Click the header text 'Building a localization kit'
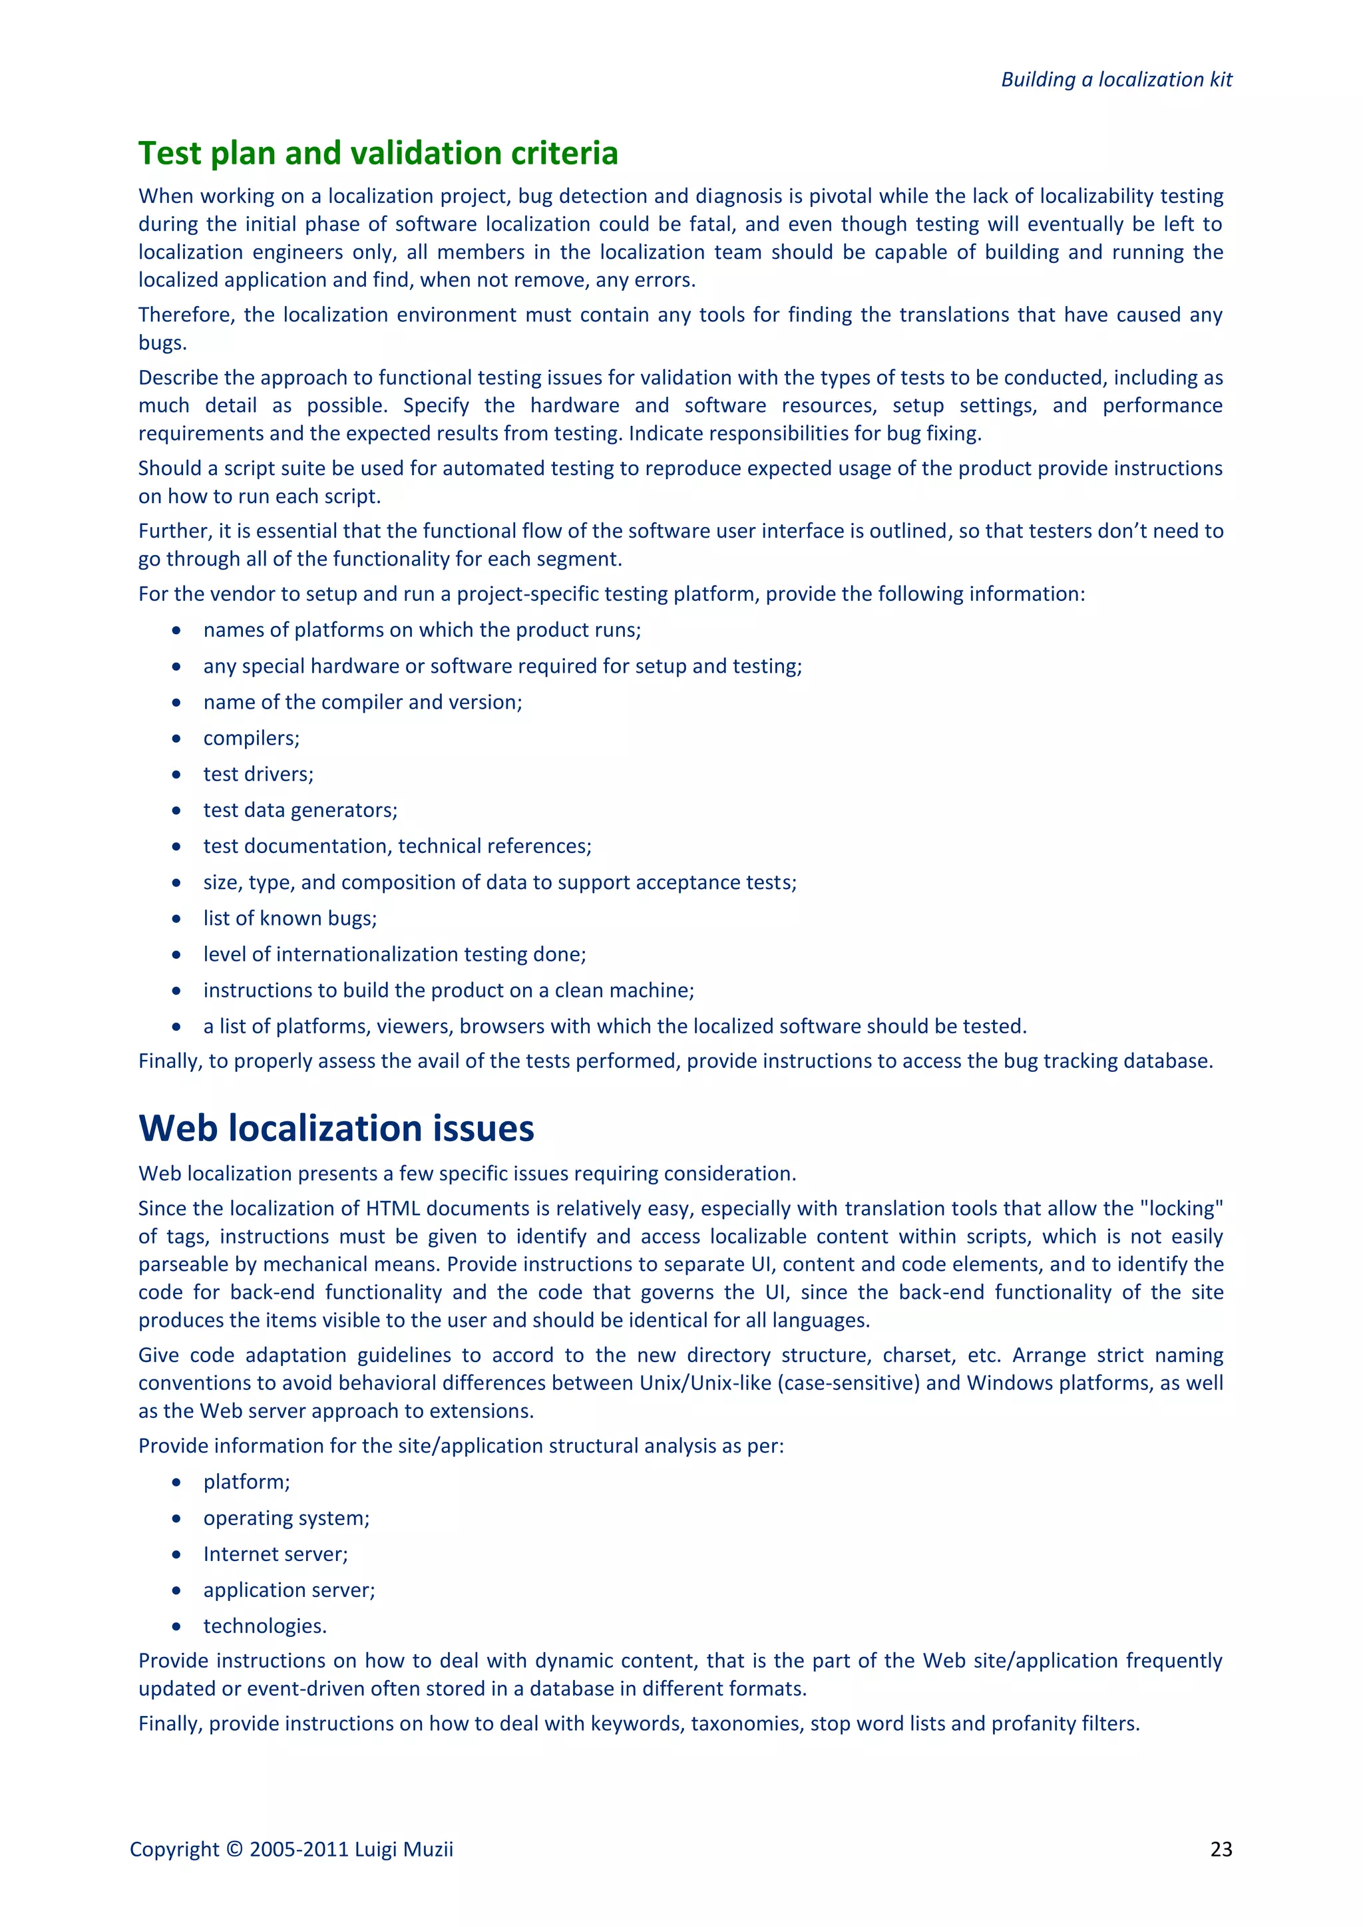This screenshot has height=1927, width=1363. [x=1115, y=80]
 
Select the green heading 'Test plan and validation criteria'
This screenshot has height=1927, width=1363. [x=377, y=154]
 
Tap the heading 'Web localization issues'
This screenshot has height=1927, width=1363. [x=335, y=1128]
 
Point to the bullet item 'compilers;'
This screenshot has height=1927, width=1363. [x=251, y=739]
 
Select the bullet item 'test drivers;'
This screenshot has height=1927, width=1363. [x=258, y=775]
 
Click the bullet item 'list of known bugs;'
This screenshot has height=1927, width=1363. [x=290, y=918]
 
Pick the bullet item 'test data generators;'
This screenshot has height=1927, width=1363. [x=299, y=810]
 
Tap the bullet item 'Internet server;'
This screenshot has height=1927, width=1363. [x=276, y=1554]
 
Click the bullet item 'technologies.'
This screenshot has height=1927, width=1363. [x=264, y=1626]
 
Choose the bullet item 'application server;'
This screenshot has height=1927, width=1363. [x=289, y=1590]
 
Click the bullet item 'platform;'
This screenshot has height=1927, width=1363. [x=246, y=1482]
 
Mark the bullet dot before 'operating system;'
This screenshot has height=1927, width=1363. [x=176, y=1518]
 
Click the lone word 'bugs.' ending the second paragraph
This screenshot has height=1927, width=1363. [x=162, y=343]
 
